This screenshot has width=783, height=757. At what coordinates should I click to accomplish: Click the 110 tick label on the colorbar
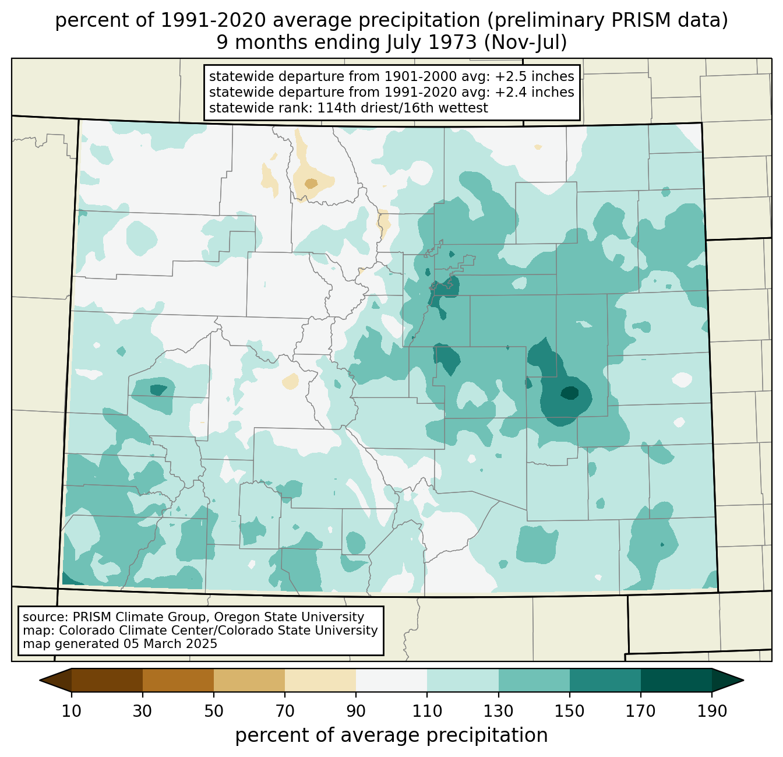[427, 711]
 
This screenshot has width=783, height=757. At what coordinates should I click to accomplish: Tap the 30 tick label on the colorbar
[143, 711]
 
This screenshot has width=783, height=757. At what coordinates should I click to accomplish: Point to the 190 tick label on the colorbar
[711, 711]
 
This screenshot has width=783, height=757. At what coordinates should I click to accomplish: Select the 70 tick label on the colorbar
[285, 711]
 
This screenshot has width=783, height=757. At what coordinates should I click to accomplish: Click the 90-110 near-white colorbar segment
[391, 680]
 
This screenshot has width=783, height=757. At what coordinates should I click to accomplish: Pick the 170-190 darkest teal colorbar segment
[676, 680]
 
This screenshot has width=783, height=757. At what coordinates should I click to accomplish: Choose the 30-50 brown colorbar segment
[178, 680]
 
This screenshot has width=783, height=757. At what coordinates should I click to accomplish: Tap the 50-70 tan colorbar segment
[249, 680]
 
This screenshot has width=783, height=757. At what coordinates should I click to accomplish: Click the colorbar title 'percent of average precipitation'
[391, 735]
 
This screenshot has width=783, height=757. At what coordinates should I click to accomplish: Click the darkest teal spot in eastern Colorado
[569, 393]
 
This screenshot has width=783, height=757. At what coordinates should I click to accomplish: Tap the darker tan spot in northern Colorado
[311, 184]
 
